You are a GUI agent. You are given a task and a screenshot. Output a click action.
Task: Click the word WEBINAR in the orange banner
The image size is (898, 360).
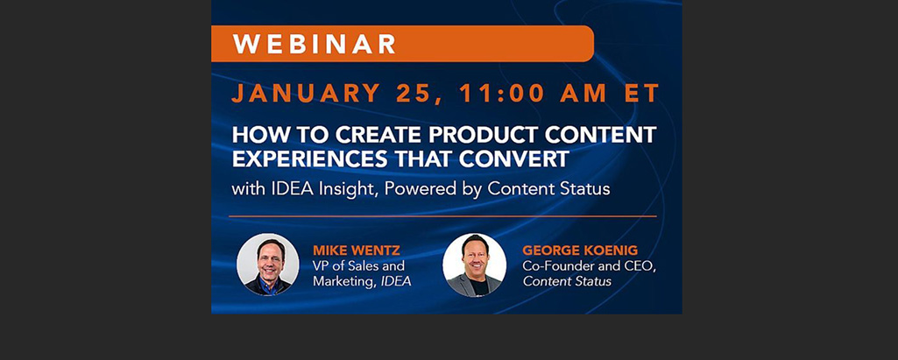click(x=315, y=44)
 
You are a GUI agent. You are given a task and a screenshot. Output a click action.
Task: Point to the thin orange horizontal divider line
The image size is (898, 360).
click(x=442, y=215)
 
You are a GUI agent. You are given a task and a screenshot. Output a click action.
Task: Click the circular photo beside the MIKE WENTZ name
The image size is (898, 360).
click(x=267, y=264)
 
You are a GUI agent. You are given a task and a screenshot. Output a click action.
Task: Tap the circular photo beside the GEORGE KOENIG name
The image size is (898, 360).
click(x=474, y=264)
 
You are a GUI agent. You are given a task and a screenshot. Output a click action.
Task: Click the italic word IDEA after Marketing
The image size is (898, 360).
click(x=396, y=281)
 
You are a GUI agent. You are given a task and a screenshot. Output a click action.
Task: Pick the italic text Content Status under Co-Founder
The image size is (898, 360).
click(x=567, y=281)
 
